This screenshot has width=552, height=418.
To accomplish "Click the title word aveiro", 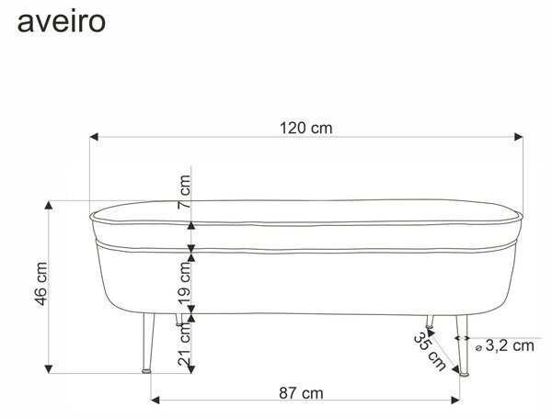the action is [x=62, y=22].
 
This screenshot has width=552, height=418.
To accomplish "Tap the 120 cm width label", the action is [x=306, y=128].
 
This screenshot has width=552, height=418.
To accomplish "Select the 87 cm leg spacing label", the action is [x=301, y=393].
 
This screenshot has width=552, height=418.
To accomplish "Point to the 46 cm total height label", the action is [x=41, y=284].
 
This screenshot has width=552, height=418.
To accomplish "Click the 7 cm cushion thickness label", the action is [x=184, y=192].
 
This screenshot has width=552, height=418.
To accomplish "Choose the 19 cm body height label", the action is [x=184, y=283].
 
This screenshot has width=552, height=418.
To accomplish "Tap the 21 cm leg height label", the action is [x=184, y=344].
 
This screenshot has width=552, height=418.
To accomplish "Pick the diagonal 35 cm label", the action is [x=430, y=352].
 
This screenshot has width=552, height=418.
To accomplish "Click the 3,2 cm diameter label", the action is [x=510, y=345].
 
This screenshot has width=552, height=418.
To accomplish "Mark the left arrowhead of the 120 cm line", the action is [x=94, y=137].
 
